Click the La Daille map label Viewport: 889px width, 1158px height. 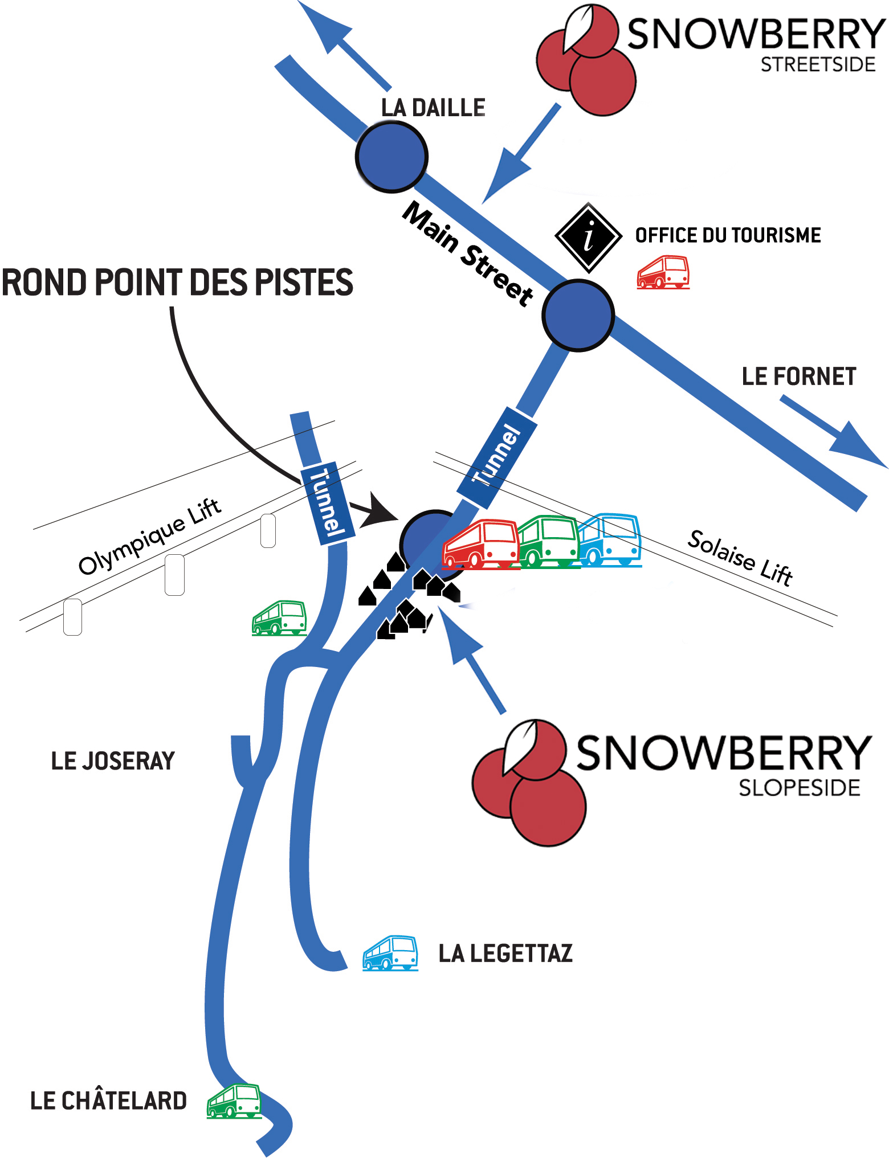[x=433, y=108]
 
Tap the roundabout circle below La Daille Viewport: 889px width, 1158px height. [x=392, y=157]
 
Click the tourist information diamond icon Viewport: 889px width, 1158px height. [x=589, y=237]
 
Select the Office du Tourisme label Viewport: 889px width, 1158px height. [x=728, y=235]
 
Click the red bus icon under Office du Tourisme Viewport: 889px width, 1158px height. [x=663, y=272]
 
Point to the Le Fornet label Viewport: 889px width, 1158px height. [x=798, y=377]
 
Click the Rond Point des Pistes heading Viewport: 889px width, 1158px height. [x=177, y=283]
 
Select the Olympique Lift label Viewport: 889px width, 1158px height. [x=149, y=536]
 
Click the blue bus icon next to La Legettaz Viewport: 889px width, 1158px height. [x=390, y=952]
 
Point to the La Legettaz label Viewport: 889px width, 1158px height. [x=505, y=954]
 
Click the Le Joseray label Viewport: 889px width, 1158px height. [x=113, y=761]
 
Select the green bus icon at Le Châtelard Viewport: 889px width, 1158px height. [x=234, y=1101]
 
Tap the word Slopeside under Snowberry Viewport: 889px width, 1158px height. [x=799, y=788]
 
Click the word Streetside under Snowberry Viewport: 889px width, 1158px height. [x=818, y=65]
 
